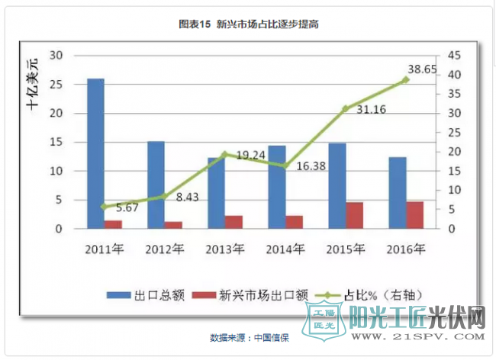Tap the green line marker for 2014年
pyautogui.click(x=284, y=166)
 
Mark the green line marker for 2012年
pyautogui.click(x=163, y=196)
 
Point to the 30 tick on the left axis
pyautogui.click(x=56, y=56)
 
